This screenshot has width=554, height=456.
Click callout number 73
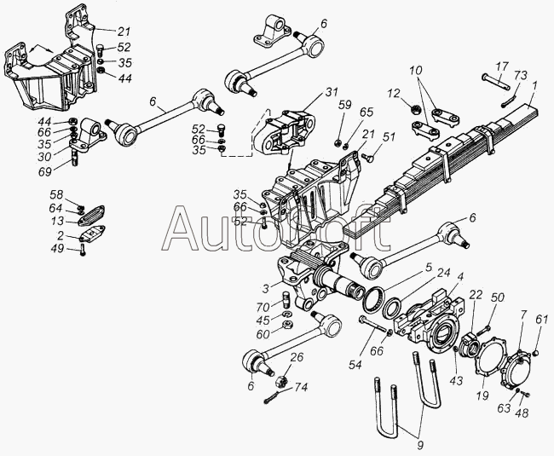(x=521, y=76)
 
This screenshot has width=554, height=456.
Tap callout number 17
(x=502, y=66)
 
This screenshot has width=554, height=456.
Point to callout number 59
(x=345, y=105)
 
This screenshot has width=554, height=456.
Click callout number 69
(x=45, y=171)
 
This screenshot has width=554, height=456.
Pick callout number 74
(x=300, y=387)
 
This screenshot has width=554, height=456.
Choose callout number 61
(x=540, y=320)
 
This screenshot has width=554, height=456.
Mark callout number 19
(x=482, y=395)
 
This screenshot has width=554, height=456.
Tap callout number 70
(x=263, y=306)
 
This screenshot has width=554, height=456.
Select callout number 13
(x=57, y=221)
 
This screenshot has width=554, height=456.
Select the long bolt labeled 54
(x=373, y=325)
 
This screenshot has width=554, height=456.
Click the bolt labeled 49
(x=83, y=250)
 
